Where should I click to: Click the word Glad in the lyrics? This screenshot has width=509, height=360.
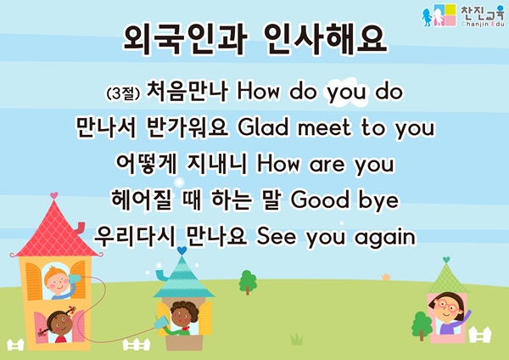263,127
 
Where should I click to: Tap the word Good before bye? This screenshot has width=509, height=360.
320,200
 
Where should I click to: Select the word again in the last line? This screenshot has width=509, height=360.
385,238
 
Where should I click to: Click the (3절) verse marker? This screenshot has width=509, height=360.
123,93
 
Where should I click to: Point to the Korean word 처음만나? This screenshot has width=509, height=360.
187,92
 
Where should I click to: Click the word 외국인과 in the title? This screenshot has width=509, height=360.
185,40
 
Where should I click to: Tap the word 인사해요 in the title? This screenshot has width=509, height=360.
326,40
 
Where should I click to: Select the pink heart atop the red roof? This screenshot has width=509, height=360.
54,195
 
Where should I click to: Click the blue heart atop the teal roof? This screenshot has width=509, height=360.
182,250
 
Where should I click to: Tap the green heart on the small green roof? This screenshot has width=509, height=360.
446,260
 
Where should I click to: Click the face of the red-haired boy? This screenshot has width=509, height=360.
57,282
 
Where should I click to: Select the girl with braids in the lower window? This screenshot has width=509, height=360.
59,326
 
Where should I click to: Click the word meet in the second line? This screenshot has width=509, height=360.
324,127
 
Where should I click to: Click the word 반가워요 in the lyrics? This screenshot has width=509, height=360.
187,127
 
